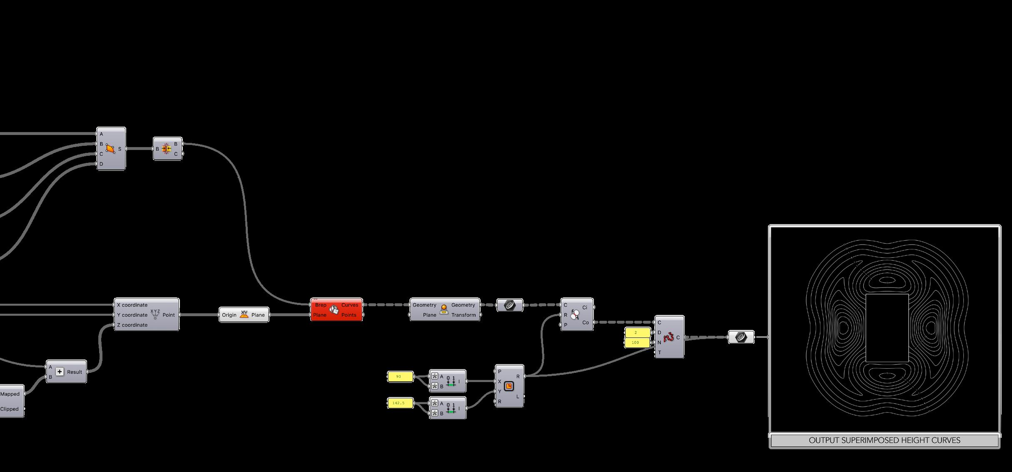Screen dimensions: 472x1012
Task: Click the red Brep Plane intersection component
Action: tap(336, 310)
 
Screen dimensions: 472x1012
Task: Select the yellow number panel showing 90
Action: tap(400, 377)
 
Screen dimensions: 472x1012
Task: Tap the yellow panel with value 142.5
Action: tap(400, 403)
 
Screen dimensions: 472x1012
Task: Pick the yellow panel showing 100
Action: tap(637, 342)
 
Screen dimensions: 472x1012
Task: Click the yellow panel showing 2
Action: tap(637, 332)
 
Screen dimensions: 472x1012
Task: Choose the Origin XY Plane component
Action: tap(244, 315)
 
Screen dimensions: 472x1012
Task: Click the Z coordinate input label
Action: tap(132, 325)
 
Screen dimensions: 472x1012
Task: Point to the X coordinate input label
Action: tap(132, 305)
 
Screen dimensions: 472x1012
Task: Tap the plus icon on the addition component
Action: tap(60, 372)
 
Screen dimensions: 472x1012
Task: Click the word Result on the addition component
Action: tap(75, 372)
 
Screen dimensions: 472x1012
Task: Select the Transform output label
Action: tap(463, 315)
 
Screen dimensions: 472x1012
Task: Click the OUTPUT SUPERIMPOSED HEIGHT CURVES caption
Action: tap(884, 440)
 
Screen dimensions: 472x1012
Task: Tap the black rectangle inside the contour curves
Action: tap(887, 328)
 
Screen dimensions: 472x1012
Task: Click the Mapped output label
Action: tap(10, 394)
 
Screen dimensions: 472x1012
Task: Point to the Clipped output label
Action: tap(10, 409)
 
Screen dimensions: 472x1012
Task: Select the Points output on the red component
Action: tap(349, 315)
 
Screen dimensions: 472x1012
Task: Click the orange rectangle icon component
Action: tap(509, 386)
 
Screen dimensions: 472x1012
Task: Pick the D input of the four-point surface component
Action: tap(101, 164)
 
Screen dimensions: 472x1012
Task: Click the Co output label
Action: tap(585, 322)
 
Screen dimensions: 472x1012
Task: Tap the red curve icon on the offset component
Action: tap(668, 337)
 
